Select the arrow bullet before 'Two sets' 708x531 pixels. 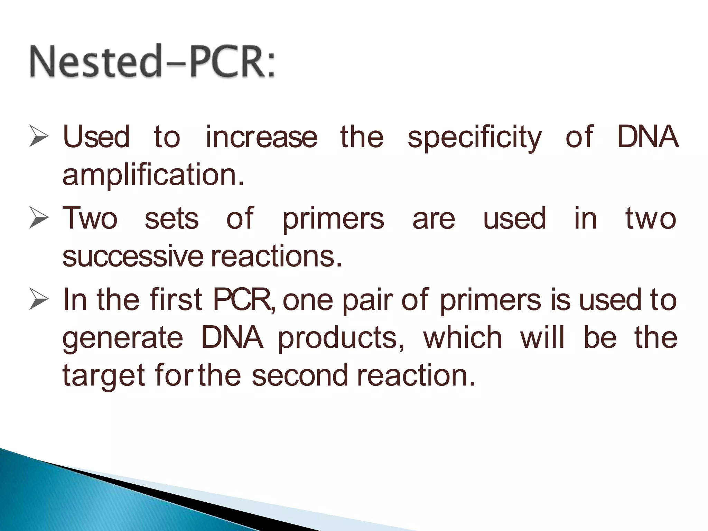click(38, 218)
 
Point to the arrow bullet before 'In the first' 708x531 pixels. click(38, 299)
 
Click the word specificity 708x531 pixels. click(474, 138)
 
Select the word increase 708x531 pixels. click(261, 137)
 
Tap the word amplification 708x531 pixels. click(153, 175)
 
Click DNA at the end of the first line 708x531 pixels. click(648, 137)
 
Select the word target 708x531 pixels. click(103, 376)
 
